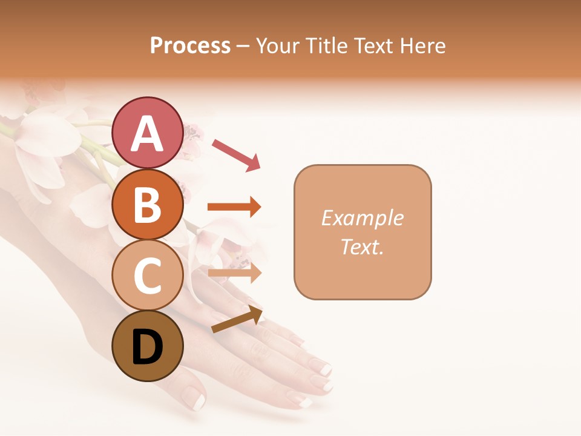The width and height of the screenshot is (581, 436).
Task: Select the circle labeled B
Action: pyautogui.click(x=147, y=204)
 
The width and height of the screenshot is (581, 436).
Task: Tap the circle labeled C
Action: pyautogui.click(x=147, y=275)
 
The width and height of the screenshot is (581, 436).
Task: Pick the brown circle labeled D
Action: pyautogui.click(x=147, y=346)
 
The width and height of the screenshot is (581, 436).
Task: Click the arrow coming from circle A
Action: pyautogui.click(x=236, y=154)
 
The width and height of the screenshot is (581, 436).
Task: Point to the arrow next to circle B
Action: pyautogui.click(x=234, y=207)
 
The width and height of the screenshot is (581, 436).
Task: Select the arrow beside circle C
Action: pyautogui.click(x=235, y=273)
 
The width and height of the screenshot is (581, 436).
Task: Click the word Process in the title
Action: pyautogui.click(x=190, y=45)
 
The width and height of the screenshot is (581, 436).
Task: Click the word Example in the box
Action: pyautogui.click(x=362, y=218)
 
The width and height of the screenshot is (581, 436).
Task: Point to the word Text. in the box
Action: pyautogui.click(x=362, y=246)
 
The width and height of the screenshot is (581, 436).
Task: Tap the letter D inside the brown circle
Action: pyautogui.click(x=147, y=348)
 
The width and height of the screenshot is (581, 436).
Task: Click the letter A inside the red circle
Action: pyautogui.click(x=147, y=134)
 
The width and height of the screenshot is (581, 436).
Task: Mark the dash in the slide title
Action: pyautogui.click(x=243, y=47)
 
